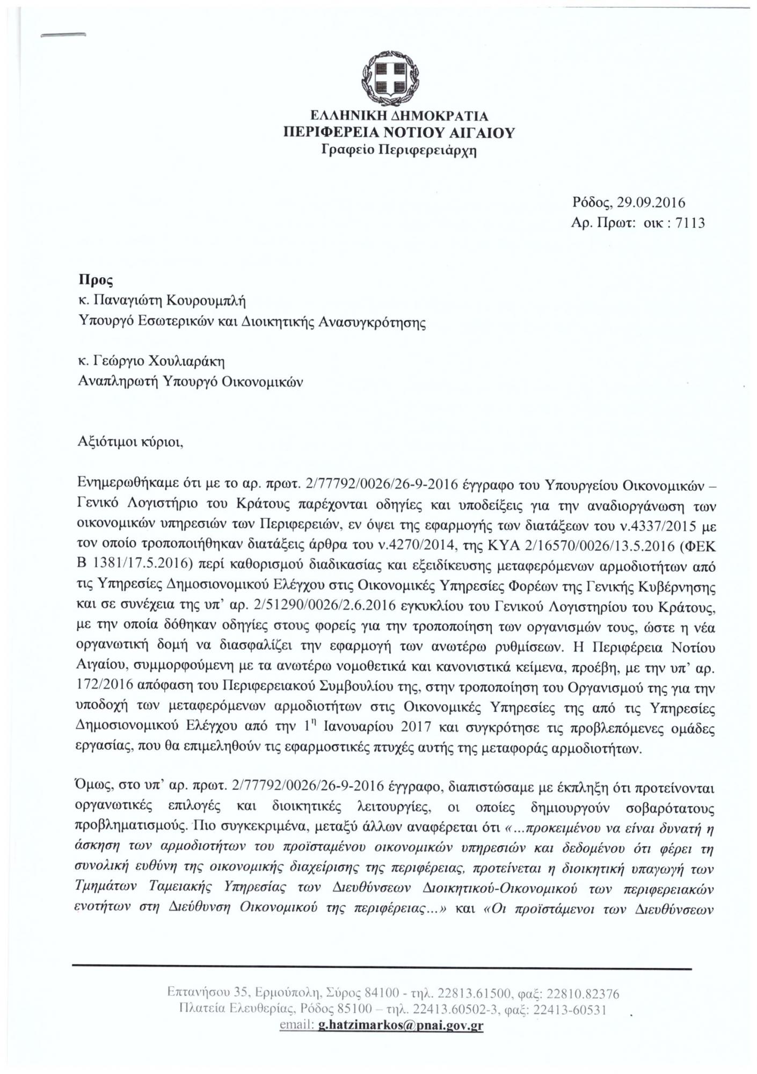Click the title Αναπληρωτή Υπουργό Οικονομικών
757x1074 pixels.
pyautogui.click(x=191, y=382)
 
